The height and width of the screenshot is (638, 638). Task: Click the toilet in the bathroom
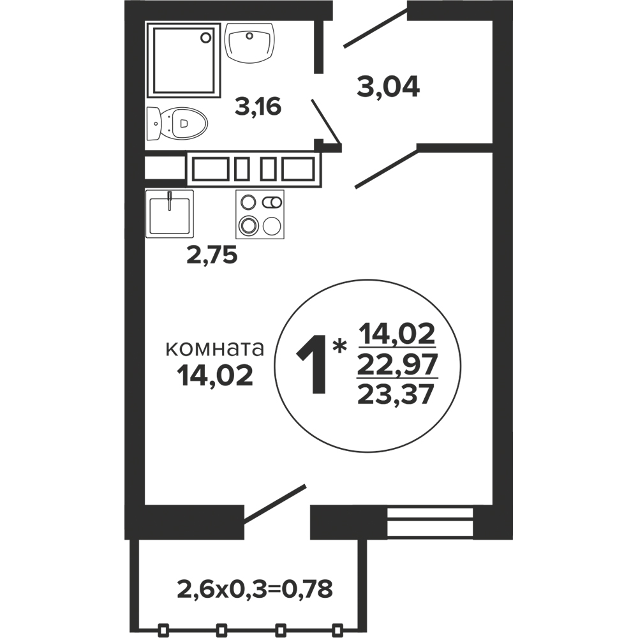(x=177, y=123)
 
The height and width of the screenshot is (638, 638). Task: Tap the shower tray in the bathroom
(x=183, y=60)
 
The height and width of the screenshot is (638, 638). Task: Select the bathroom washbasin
(x=250, y=43)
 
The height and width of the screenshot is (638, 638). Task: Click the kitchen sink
(x=169, y=214)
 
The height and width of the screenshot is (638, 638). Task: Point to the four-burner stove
(x=260, y=214)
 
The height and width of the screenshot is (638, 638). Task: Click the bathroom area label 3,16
(x=258, y=107)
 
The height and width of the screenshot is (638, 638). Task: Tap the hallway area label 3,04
(x=388, y=87)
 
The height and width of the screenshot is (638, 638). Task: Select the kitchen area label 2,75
(x=212, y=256)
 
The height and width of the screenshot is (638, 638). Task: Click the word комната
(x=215, y=349)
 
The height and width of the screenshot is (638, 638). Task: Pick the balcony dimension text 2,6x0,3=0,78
(x=255, y=589)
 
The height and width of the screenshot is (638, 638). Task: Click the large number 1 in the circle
(x=312, y=364)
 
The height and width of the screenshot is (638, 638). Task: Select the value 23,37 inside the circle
(x=394, y=394)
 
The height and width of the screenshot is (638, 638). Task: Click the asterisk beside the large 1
(x=339, y=347)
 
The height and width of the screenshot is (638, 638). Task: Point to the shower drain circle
(x=206, y=38)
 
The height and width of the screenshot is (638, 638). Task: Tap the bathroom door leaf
(x=326, y=122)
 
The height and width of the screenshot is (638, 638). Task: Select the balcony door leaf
(x=274, y=503)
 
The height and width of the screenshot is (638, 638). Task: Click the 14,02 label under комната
(x=215, y=376)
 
